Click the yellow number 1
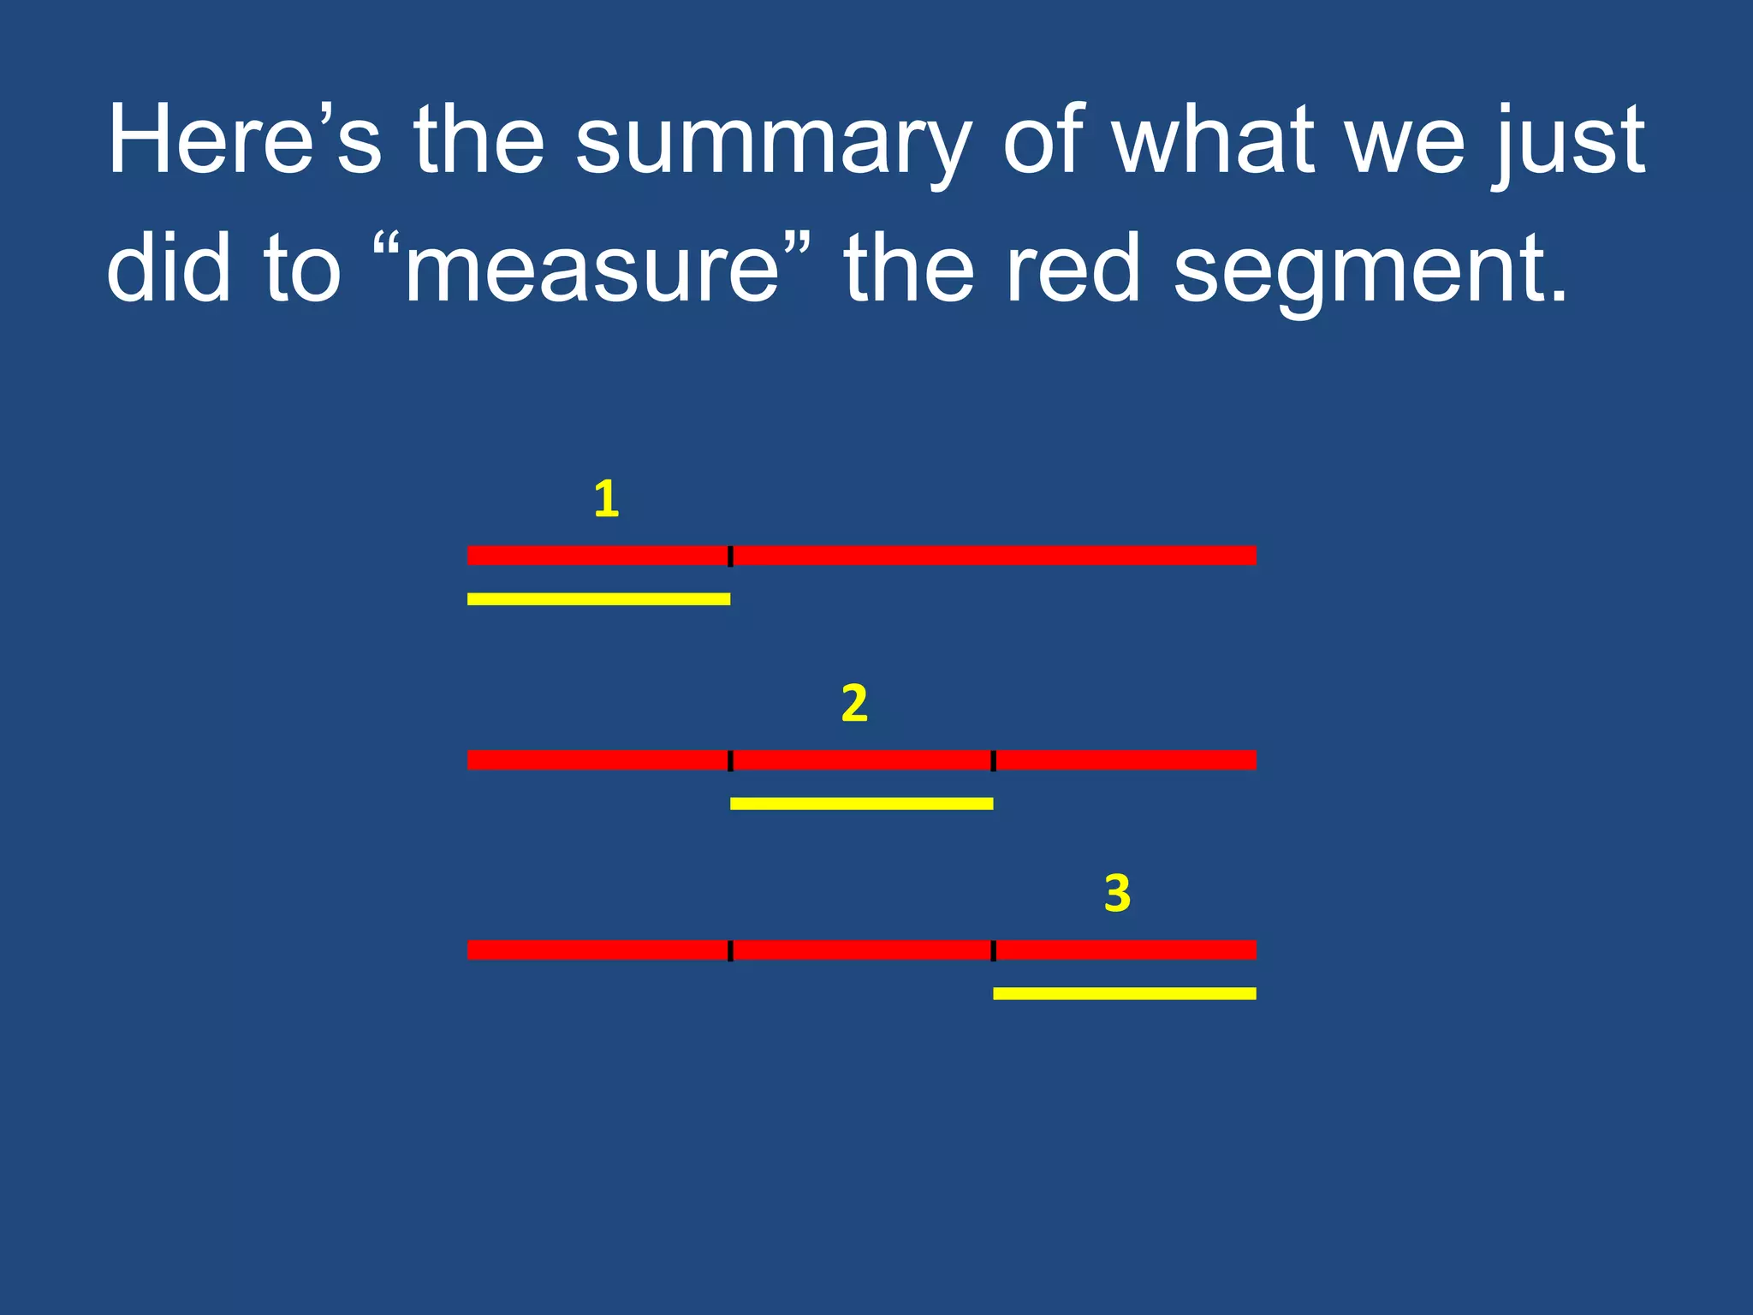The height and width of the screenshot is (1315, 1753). (x=606, y=499)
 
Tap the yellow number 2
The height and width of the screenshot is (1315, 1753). (x=854, y=704)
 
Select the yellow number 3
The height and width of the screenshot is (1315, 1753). (x=1117, y=894)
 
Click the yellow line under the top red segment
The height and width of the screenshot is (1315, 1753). (x=598, y=599)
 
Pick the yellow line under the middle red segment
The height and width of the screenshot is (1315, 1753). (x=861, y=804)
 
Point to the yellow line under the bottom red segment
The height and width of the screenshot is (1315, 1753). (x=1125, y=994)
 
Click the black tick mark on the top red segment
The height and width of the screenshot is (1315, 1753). (x=730, y=556)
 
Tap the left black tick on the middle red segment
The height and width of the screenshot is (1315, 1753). (x=730, y=760)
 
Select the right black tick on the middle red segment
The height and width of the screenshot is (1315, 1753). (x=993, y=760)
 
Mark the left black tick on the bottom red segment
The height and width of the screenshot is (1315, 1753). (x=730, y=950)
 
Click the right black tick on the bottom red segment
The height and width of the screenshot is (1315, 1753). (x=993, y=950)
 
